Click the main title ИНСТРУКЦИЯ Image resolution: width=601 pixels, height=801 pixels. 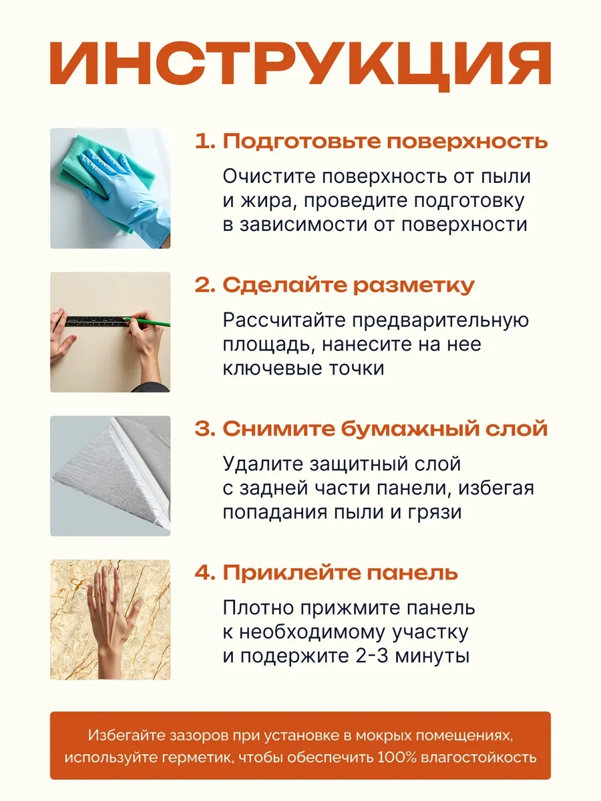click(x=300, y=66)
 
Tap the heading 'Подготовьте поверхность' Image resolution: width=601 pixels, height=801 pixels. click(x=385, y=141)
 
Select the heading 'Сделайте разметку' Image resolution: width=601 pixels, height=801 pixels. click(x=349, y=285)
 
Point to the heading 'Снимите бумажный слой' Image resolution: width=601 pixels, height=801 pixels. click(x=385, y=429)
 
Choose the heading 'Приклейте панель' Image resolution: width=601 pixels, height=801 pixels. click(x=340, y=572)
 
